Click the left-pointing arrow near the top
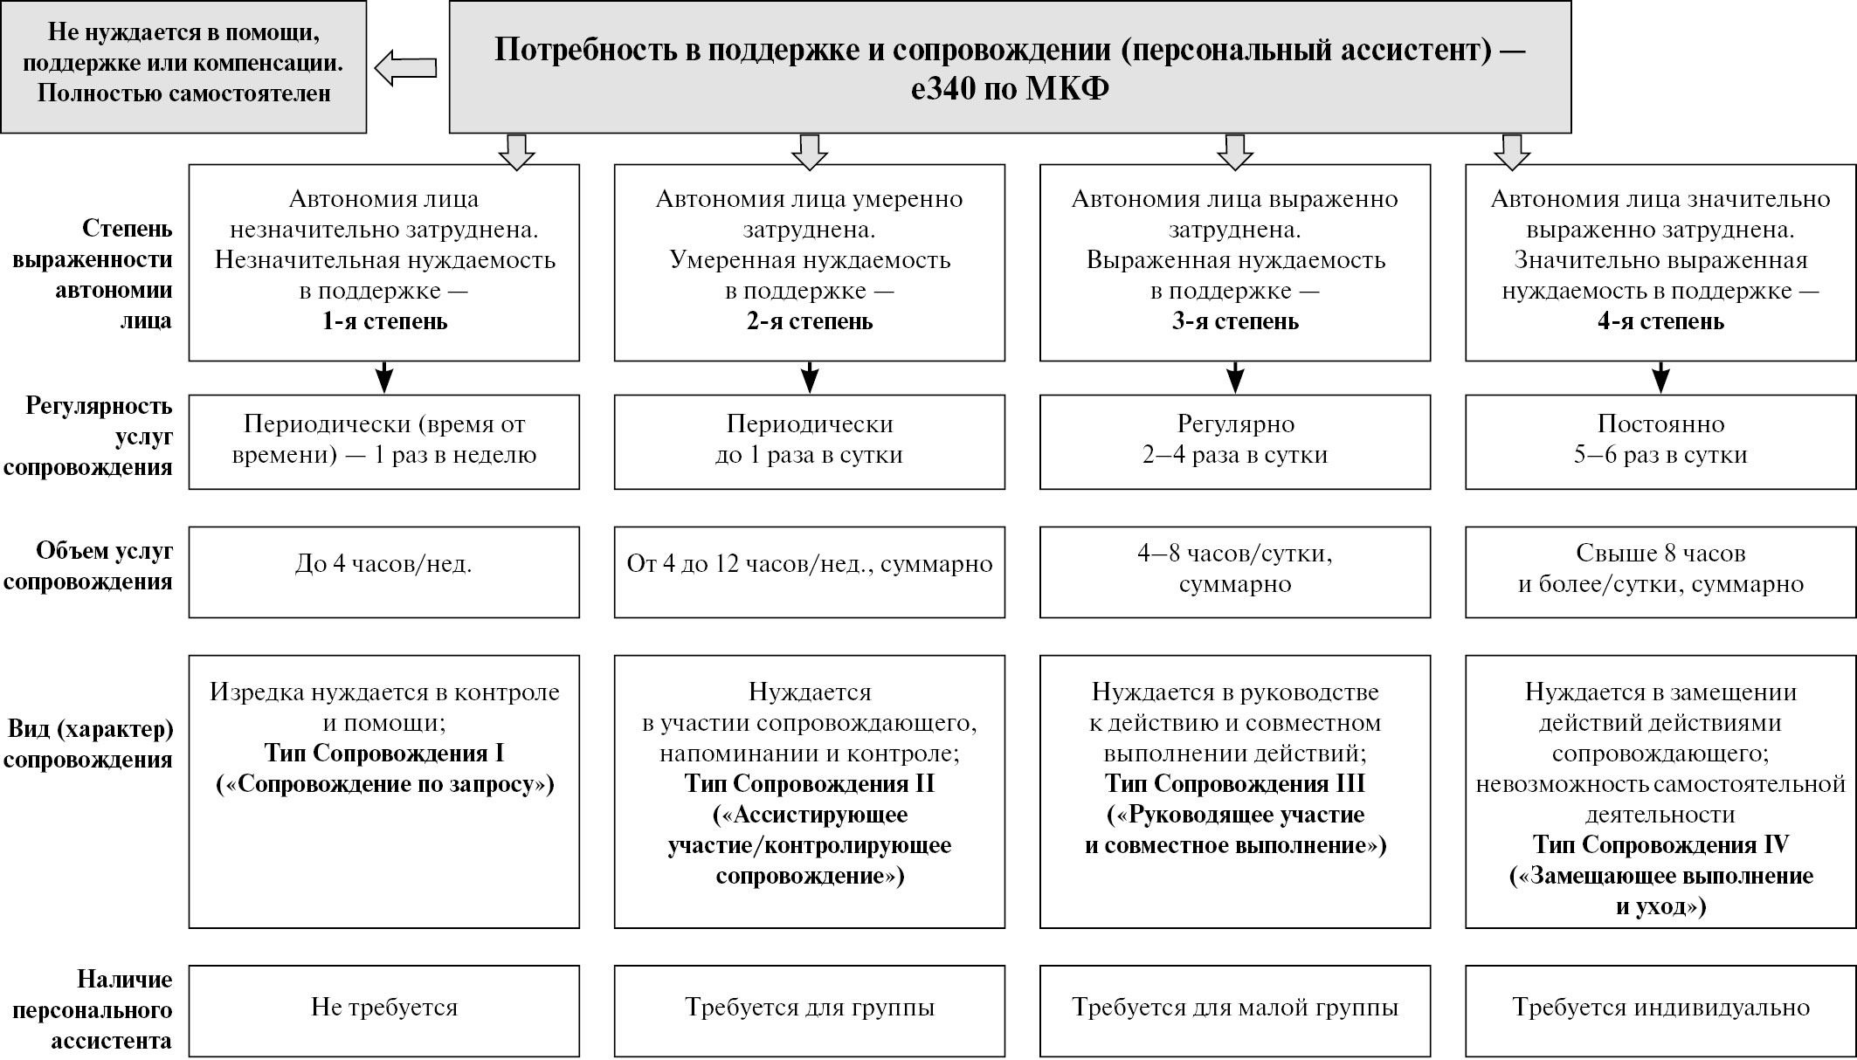(406, 68)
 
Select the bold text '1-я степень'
(384, 321)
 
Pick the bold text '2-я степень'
(809, 321)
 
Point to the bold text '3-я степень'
(1234, 321)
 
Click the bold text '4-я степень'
(1660, 321)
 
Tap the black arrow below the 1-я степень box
(384, 378)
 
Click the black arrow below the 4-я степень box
(1660, 378)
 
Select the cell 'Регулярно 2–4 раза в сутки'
(1234, 441)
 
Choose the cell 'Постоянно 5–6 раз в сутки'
(1660, 441)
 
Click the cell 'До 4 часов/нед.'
(384, 572)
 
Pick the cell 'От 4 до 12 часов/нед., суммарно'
(809, 572)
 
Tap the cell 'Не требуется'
(384, 1010)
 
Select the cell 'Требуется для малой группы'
(1234, 1010)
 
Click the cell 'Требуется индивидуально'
(1660, 1010)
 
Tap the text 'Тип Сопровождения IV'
(1660, 845)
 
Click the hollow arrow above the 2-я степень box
(809, 151)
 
